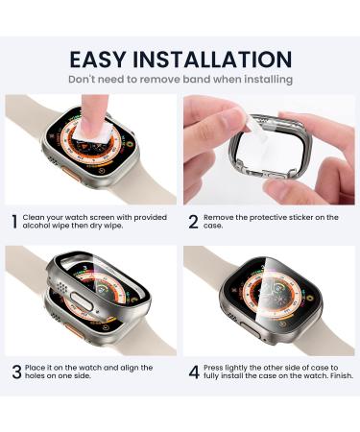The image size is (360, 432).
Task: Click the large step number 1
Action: [13, 222]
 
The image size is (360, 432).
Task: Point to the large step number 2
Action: [193, 222]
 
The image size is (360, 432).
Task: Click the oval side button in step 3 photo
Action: [101, 312]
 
